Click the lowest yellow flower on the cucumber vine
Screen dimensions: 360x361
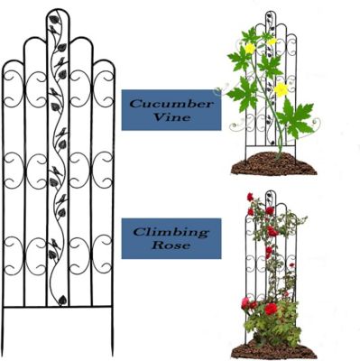282,89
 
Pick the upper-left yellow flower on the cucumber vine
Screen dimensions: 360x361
249,48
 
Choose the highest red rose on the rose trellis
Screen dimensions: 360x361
250,198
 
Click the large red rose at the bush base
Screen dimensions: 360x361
271,309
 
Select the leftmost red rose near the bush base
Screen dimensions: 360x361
245,303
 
